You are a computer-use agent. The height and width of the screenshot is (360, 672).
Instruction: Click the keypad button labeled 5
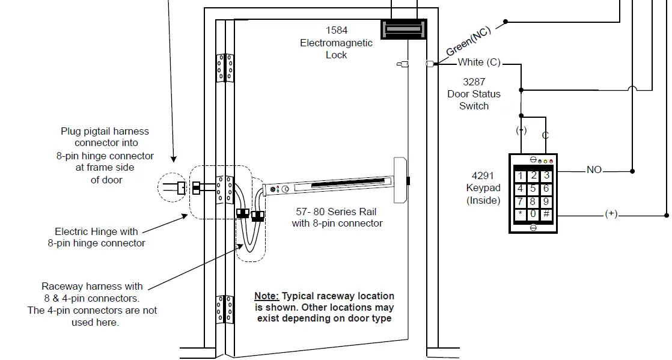pos(533,189)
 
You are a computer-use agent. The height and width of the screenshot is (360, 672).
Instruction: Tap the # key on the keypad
pos(546,214)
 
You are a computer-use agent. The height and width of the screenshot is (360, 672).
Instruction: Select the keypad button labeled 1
pos(520,176)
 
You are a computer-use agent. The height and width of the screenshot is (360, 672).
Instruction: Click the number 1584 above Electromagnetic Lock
pos(337,30)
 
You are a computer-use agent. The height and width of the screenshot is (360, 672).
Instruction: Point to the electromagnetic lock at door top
pos(404,28)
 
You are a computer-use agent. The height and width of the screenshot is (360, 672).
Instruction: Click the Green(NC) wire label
pos(469,41)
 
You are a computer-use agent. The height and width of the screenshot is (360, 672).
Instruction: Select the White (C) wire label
pos(478,63)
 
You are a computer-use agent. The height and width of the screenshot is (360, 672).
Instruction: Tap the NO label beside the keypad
pos(594,170)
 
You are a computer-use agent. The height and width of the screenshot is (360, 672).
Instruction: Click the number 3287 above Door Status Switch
pos(474,82)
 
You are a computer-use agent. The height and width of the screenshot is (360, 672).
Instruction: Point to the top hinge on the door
pos(225,67)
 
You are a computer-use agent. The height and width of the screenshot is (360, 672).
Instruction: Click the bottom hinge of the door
pos(225,309)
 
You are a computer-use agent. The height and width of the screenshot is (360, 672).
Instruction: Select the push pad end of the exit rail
pos(400,180)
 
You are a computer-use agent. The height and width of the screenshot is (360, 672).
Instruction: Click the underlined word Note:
pos(266,296)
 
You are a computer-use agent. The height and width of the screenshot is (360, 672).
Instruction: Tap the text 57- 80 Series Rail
pos(337,212)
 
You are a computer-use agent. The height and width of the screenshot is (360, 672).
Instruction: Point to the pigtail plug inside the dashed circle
pos(179,187)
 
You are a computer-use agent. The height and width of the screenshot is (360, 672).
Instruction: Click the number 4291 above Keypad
pos(483,176)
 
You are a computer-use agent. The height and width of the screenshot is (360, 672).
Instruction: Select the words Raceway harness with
pos(92,287)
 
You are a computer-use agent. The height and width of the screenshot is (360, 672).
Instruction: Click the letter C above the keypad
pos(545,136)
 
